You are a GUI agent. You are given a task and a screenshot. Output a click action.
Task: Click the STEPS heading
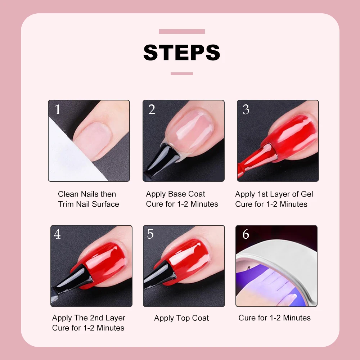coord(181,53)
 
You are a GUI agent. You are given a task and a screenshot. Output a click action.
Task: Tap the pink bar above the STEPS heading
coord(181,32)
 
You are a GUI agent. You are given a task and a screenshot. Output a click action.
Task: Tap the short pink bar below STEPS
coord(181,73)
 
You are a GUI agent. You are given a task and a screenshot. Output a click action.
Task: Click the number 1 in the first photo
coord(58,110)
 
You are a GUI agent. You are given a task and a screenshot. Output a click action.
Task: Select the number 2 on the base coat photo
coord(152,110)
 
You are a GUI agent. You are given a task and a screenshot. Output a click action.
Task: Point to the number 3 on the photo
coord(246,110)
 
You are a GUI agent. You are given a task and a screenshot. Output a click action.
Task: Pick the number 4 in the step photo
coord(57,234)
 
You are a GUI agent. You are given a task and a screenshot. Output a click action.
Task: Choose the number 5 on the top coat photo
coord(150,234)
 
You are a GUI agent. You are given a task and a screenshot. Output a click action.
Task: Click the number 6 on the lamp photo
coord(246,234)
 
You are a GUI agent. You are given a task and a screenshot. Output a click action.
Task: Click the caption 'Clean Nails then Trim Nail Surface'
coord(89,199)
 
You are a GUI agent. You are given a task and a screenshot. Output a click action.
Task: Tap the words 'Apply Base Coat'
coord(175,194)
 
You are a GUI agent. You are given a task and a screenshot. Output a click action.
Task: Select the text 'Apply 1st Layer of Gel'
coord(274,194)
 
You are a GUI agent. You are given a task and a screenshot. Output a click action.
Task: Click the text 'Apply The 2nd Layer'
coord(89,318)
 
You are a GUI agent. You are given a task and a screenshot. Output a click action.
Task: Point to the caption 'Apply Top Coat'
coord(181,318)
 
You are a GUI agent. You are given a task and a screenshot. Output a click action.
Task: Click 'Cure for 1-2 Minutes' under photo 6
coord(274,318)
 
